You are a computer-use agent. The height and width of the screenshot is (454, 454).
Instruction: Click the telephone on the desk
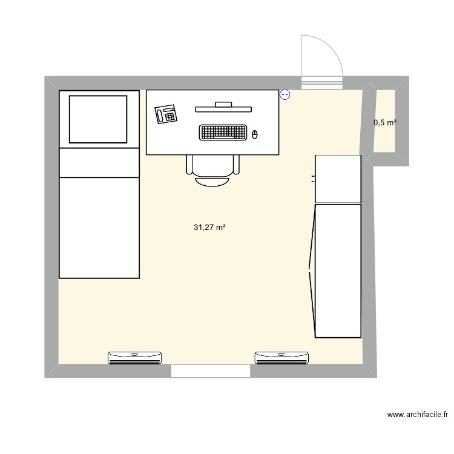click(165, 114)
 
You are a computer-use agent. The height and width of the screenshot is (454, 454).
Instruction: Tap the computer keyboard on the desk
click(223, 133)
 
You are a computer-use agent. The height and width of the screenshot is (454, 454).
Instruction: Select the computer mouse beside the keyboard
click(255, 134)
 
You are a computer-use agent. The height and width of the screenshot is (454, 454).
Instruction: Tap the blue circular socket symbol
click(285, 94)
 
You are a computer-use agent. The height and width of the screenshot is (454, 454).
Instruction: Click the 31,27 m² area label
click(209, 228)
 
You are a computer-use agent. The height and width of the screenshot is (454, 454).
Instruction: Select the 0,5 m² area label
click(385, 123)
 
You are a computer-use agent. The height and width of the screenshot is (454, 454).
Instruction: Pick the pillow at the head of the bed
click(99, 119)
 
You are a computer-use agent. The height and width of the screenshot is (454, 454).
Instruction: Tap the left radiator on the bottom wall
click(135, 358)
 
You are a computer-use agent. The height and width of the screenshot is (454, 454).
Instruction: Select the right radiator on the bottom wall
click(282, 358)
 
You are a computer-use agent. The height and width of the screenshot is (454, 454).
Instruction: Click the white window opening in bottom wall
click(210, 371)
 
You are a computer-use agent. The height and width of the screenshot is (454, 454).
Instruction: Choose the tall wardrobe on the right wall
click(337, 271)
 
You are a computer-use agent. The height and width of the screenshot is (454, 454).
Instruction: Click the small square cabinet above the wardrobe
click(338, 179)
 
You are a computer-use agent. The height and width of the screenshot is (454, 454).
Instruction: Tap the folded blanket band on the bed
click(99, 163)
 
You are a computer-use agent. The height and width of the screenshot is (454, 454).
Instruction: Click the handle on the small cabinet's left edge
click(313, 179)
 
